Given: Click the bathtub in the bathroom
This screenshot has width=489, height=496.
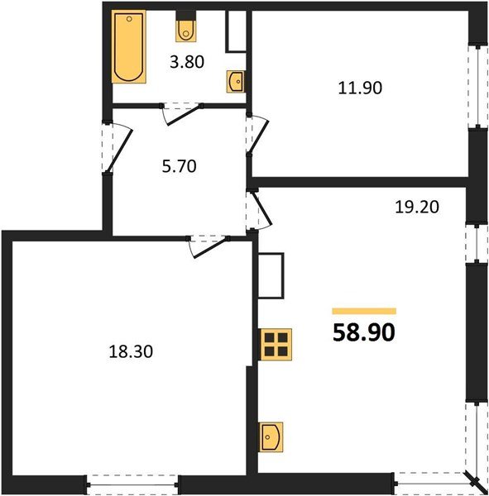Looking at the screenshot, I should pyautogui.click(x=128, y=48).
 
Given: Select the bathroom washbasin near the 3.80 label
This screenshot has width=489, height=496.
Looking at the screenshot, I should pyautogui.click(x=235, y=81).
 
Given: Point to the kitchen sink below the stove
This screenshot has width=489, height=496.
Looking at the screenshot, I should pyautogui.click(x=272, y=436).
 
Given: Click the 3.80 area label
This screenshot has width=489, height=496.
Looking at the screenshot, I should pyautogui.click(x=186, y=60).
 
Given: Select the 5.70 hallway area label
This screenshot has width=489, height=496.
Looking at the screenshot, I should pyautogui.click(x=180, y=165).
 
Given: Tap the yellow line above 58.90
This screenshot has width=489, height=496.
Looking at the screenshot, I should pyautogui.click(x=364, y=311).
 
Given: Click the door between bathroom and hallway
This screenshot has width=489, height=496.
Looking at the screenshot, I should pyautogui.click(x=182, y=112).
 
